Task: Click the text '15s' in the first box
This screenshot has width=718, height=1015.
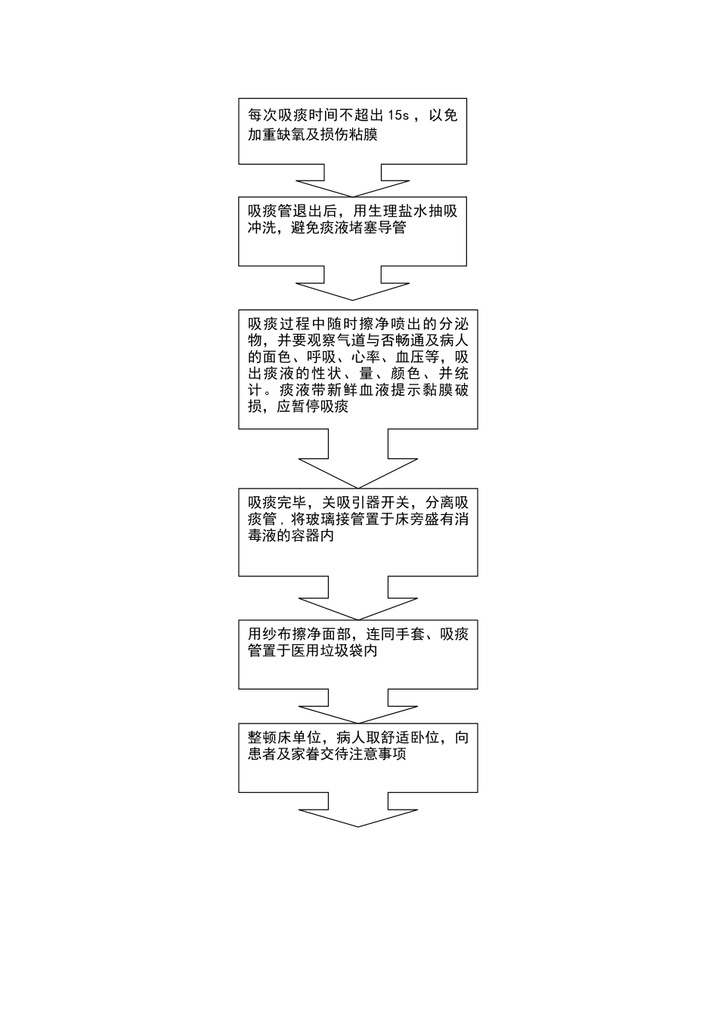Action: pos(398,116)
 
